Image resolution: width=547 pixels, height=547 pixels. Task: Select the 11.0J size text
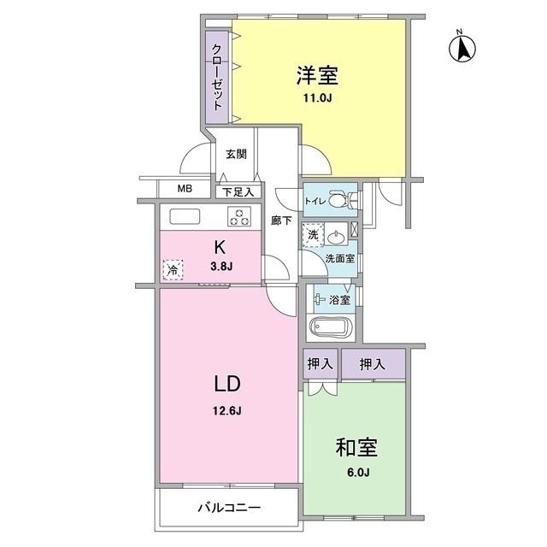coord(318,99)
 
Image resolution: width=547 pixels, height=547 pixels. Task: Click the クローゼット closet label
coord(217,74)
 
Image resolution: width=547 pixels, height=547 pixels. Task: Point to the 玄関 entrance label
coord(236,155)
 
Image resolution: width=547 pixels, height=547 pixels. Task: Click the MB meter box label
coord(185,190)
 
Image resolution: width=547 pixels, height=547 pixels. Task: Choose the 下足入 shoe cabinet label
coord(234,193)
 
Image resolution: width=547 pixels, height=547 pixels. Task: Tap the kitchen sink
coord(184,216)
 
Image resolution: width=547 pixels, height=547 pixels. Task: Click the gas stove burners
coord(239,217)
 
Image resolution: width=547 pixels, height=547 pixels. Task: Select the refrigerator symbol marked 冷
coord(174,269)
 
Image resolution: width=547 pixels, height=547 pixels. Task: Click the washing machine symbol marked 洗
coord(313,235)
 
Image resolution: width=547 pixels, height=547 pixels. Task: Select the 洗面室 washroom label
coord(339,258)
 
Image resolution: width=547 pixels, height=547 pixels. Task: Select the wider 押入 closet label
coord(373,364)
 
